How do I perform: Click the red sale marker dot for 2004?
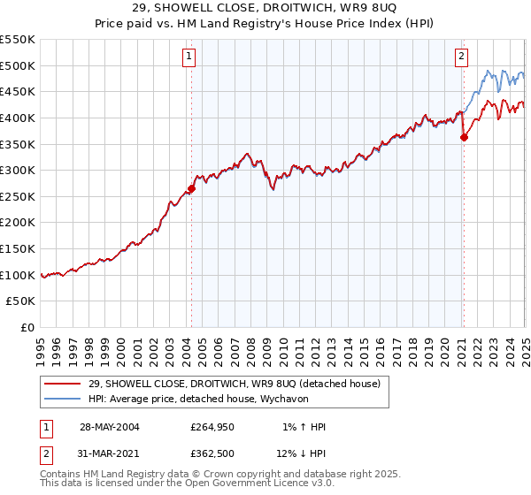coord(191,188)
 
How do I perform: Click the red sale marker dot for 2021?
coord(464,137)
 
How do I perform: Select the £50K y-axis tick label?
coord(22,301)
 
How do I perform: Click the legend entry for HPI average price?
coord(209,399)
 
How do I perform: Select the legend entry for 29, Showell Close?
coord(235,384)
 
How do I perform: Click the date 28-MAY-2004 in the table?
coord(110,427)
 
